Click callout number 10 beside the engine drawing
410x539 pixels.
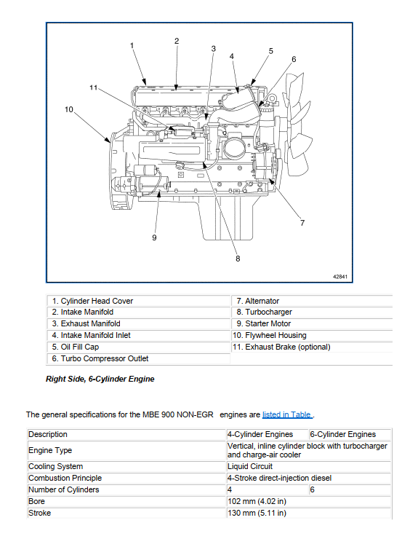click(69, 109)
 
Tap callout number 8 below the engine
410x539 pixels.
click(238, 259)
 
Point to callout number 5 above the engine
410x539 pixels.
click(270, 51)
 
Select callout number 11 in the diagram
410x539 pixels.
click(93, 87)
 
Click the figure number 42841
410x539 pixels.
click(340, 276)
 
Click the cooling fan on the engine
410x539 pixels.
click(297, 124)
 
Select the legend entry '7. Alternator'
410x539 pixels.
click(257, 301)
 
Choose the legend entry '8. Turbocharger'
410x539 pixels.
click(264, 312)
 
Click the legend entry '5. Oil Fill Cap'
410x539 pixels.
click(76, 347)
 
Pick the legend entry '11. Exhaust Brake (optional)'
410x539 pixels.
click(281, 347)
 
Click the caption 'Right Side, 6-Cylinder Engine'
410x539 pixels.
click(100, 379)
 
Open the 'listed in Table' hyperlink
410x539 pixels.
click(287, 415)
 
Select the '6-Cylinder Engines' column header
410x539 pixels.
click(342, 435)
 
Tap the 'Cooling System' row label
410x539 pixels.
click(55, 466)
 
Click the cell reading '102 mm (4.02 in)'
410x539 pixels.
click(257, 502)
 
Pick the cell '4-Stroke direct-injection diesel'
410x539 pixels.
click(280, 478)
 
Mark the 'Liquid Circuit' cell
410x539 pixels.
click(250, 466)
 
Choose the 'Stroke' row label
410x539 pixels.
click(39, 514)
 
